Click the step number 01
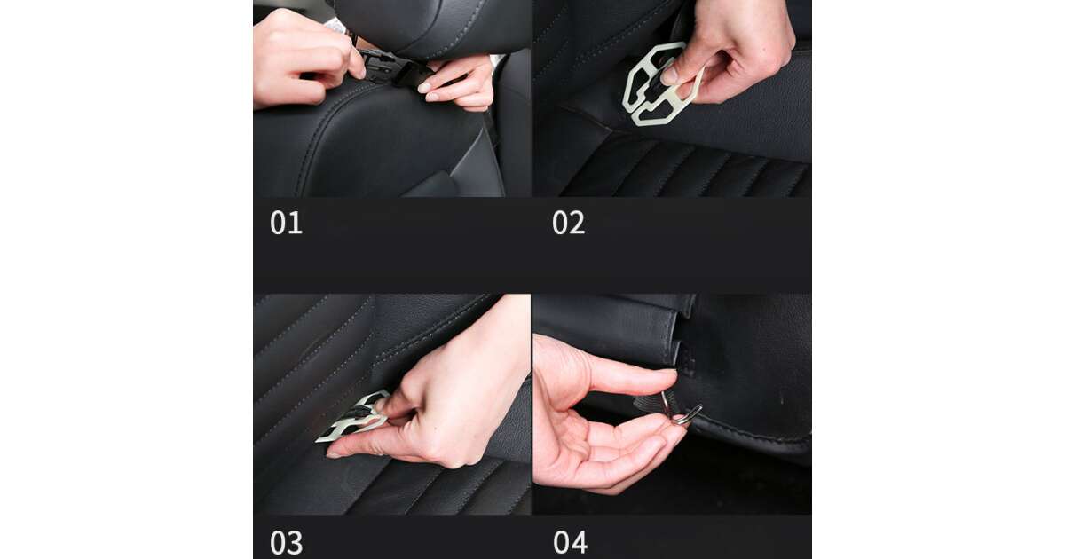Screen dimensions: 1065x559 tap(286, 223)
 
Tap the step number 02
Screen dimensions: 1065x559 tap(569, 223)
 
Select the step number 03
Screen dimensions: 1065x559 tap(286, 542)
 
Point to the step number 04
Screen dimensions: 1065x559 tap(570, 542)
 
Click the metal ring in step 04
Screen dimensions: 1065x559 tap(688, 414)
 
